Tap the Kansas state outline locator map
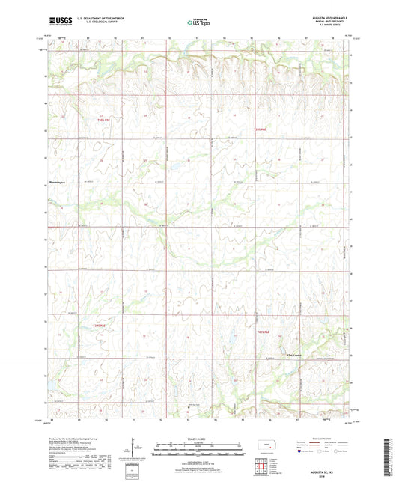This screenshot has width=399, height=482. [266, 448]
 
